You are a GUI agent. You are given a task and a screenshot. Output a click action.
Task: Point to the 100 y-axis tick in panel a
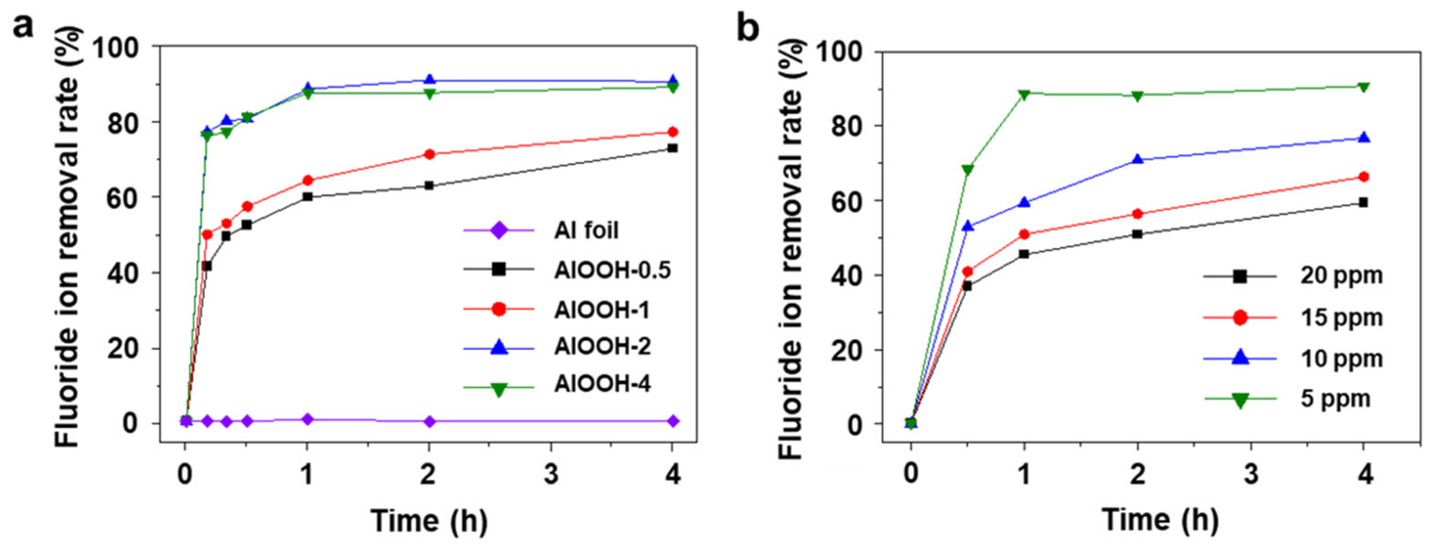click(x=123, y=47)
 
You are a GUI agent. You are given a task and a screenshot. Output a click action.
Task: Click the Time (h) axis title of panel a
click(x=429, y=521)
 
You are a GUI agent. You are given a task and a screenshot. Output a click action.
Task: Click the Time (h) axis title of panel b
click(x=1160, y=520)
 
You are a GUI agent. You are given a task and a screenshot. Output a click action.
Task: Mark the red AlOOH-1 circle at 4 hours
click(x=672, y=132)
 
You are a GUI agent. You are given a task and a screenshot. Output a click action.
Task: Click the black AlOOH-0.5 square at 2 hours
click(x=429, y=185)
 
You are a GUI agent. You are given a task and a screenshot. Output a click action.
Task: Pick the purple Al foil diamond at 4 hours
click(x=672, y=421)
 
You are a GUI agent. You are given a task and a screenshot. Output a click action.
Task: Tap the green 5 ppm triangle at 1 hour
click(x=1024, y=94)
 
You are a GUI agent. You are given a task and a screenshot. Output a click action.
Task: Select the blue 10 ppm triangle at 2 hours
click(x=1137, y=159)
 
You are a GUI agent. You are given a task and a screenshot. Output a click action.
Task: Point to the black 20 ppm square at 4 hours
click(x=1363, y=203)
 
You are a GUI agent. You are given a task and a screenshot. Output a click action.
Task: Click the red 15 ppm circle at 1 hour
click(x=1024, y=234)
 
